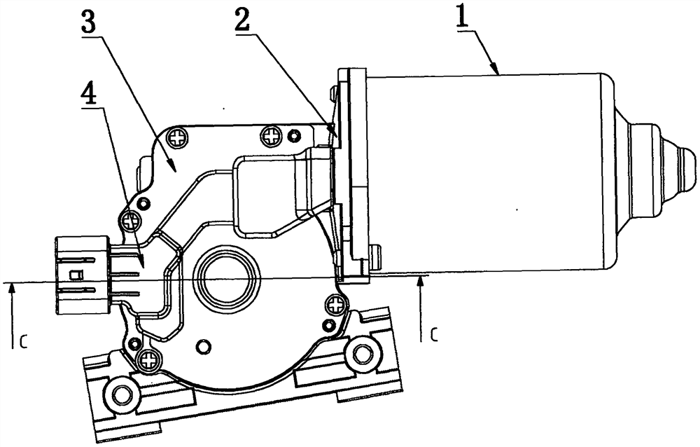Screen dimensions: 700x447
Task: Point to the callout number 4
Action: click(90, 94)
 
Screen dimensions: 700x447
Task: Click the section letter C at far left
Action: click(24, 342)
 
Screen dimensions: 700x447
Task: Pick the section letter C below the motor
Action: click(435, 333)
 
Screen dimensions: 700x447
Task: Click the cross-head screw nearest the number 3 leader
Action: click(177, 138)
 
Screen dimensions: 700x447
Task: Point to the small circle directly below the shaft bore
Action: click(204, 346)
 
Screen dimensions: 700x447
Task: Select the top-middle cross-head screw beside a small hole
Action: click(270, 135)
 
